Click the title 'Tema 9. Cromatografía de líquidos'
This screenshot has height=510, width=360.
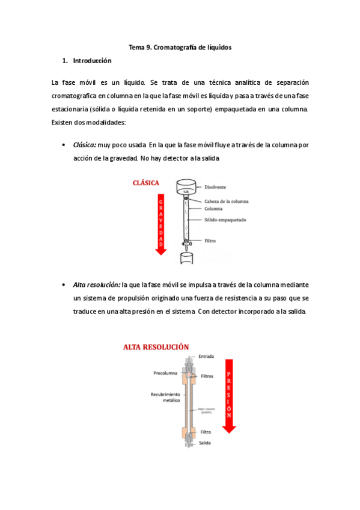[x=180, y=46]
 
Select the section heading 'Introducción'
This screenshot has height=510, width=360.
[x=92, y=61]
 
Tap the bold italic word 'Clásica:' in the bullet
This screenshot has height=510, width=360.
[x=84, y=145]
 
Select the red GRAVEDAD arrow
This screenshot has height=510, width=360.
[x=160, y=223]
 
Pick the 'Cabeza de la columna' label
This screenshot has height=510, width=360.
[x=226, y=201]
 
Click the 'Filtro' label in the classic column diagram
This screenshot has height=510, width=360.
[x=210, y=241]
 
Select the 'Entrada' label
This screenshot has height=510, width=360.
[x=207, y=356]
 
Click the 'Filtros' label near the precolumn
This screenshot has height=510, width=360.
[x=207, y=376]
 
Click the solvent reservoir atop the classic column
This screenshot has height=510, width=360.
[x=186, y=187]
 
